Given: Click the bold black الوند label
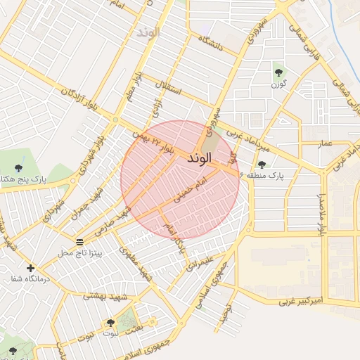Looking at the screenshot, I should click(x=200, y=160).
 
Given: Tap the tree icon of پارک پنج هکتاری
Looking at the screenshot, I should click(x=18, y=167).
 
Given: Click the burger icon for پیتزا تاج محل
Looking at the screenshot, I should click(x=79, y=242).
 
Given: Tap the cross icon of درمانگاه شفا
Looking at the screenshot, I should click(x=30, y=268).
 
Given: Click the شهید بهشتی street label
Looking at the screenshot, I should click(x=103, y=297).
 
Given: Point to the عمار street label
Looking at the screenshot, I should click(x=325, y=143).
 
